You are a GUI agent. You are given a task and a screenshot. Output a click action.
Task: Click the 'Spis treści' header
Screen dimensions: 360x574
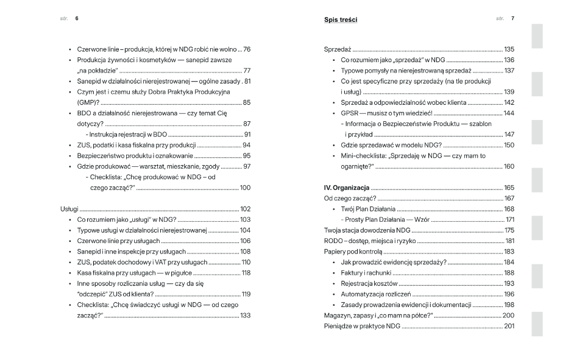[x=341, y=20]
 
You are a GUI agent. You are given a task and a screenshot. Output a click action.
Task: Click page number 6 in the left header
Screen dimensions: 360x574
[x=77, y=19]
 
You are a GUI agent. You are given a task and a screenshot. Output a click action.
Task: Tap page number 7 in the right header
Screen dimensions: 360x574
[x=512, y=19]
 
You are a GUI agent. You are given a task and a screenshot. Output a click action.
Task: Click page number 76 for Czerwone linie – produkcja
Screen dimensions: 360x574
[x=247, y=49]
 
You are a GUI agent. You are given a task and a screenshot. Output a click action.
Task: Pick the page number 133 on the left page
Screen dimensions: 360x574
[x=245, y=316]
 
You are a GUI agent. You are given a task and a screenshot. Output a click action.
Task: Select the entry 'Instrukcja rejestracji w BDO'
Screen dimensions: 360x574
[x=126, y=134]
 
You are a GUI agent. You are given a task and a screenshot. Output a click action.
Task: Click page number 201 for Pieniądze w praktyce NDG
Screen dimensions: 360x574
[x=509, y=326]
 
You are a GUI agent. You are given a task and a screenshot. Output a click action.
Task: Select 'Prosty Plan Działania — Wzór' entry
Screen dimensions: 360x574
[x=385, y=219]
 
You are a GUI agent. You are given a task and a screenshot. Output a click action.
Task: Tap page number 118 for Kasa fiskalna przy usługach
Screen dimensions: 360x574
[x=246, y=272]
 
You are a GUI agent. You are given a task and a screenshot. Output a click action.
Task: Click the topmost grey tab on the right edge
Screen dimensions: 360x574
[x=537, y=36]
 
